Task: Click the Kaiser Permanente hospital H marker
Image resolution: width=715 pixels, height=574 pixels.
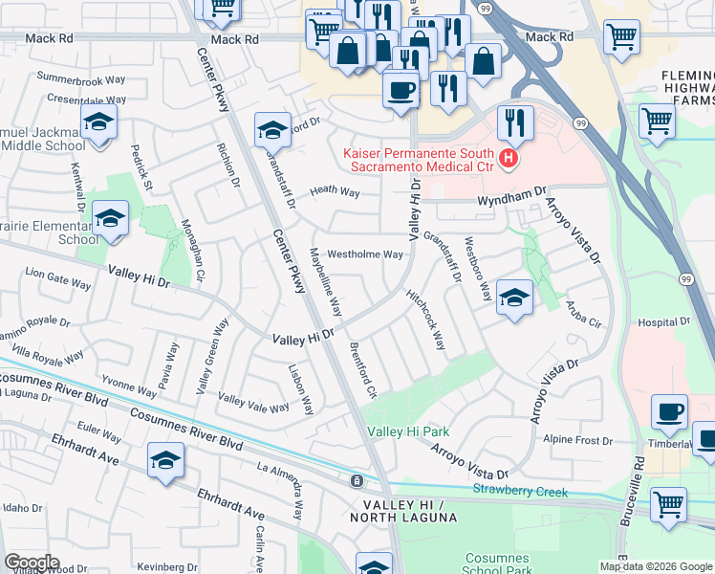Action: coord(509,158)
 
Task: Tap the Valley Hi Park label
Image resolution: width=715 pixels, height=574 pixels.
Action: coord(408,431)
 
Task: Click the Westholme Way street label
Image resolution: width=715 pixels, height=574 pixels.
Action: coord(365,254)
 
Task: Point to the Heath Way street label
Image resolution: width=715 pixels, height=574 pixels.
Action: coord(334,192)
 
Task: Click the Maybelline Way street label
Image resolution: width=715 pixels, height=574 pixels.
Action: coord(325,282)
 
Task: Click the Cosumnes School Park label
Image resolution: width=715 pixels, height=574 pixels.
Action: coord(496,564)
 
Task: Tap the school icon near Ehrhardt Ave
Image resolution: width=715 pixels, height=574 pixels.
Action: coord(165,461)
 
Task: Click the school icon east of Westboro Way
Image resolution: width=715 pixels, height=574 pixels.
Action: coord(514,298)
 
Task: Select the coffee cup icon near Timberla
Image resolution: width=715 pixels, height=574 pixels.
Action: coord(669,413)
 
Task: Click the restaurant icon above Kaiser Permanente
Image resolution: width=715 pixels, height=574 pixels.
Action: coord(513,121)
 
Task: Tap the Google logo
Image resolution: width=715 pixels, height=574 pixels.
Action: coord(32,563)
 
